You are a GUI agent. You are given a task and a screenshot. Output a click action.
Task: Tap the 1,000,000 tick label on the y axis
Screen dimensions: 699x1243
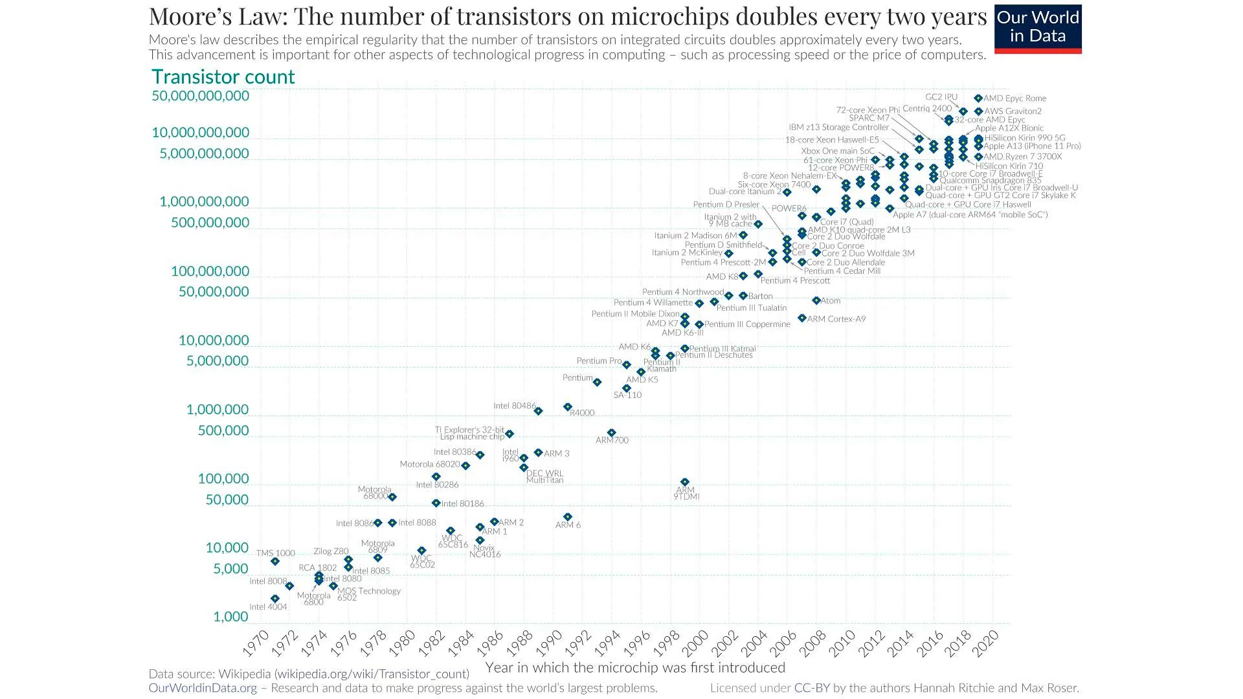217,410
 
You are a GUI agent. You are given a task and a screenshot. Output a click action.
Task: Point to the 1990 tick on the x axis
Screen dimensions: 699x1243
550,642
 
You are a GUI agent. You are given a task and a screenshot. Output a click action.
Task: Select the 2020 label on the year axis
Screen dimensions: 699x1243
986,642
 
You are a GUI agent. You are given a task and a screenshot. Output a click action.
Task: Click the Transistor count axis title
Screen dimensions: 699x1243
223,77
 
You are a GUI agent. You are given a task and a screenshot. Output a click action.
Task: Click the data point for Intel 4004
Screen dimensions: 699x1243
275,599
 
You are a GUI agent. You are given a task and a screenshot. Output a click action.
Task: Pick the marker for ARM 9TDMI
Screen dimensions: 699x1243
685,482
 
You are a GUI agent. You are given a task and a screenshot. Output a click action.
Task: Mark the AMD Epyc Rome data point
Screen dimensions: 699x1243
978,98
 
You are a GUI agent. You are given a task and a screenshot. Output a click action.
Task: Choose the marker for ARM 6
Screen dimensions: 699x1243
568,516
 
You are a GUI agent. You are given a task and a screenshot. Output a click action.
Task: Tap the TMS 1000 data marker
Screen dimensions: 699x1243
275,561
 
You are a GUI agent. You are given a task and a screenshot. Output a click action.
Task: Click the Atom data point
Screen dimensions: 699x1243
816,300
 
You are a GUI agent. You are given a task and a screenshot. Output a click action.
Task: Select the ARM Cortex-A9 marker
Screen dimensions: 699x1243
802,318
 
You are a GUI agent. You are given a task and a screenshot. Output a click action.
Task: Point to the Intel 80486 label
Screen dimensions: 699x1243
515,406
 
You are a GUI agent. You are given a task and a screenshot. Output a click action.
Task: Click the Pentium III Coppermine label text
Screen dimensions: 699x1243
747,324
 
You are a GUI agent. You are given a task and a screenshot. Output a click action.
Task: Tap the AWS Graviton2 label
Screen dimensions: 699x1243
1013,111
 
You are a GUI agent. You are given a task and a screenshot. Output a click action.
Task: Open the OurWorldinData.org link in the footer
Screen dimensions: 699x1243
203,688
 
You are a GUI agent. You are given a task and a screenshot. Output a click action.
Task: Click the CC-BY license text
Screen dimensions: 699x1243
812,688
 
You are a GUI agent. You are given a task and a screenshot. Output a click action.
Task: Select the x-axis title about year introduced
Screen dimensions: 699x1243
635,667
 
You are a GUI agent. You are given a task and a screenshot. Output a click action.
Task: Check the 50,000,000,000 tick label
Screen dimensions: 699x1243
200,96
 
